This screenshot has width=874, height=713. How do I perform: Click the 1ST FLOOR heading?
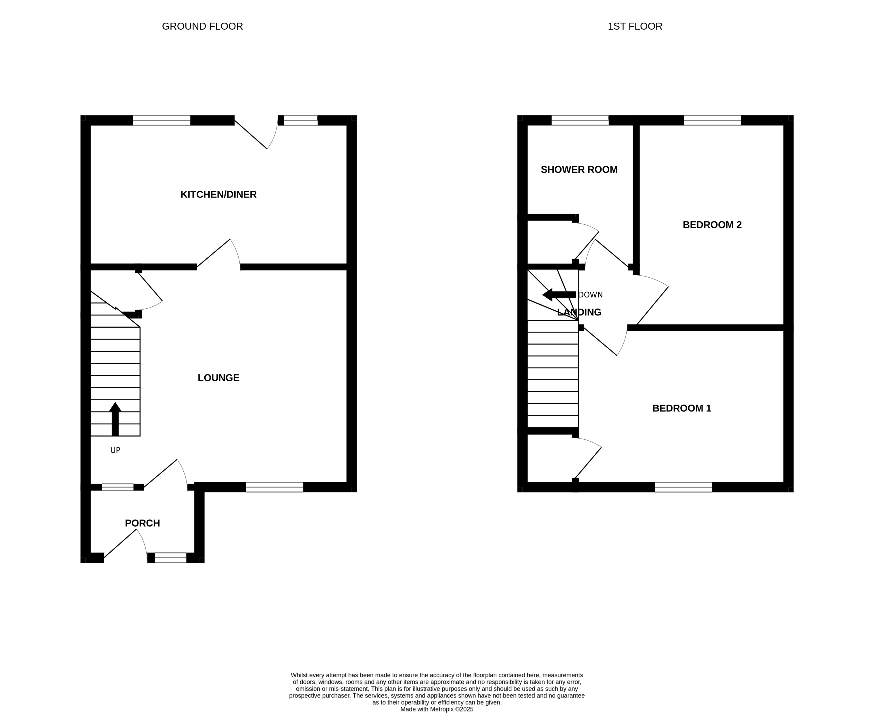635,26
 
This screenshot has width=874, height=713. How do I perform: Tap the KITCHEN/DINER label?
218,195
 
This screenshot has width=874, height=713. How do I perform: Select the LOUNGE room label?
218,378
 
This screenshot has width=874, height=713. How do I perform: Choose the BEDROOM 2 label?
712,225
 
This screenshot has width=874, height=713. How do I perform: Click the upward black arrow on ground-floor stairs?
115,419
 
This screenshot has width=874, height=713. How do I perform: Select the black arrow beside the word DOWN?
559,295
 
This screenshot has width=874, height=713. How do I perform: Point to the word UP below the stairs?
115,450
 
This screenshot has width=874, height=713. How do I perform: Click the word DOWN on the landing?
590,295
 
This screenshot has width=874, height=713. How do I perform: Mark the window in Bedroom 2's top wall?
712,120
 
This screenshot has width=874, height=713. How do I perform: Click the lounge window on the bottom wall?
275,487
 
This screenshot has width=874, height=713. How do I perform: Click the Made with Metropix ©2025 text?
437,709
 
